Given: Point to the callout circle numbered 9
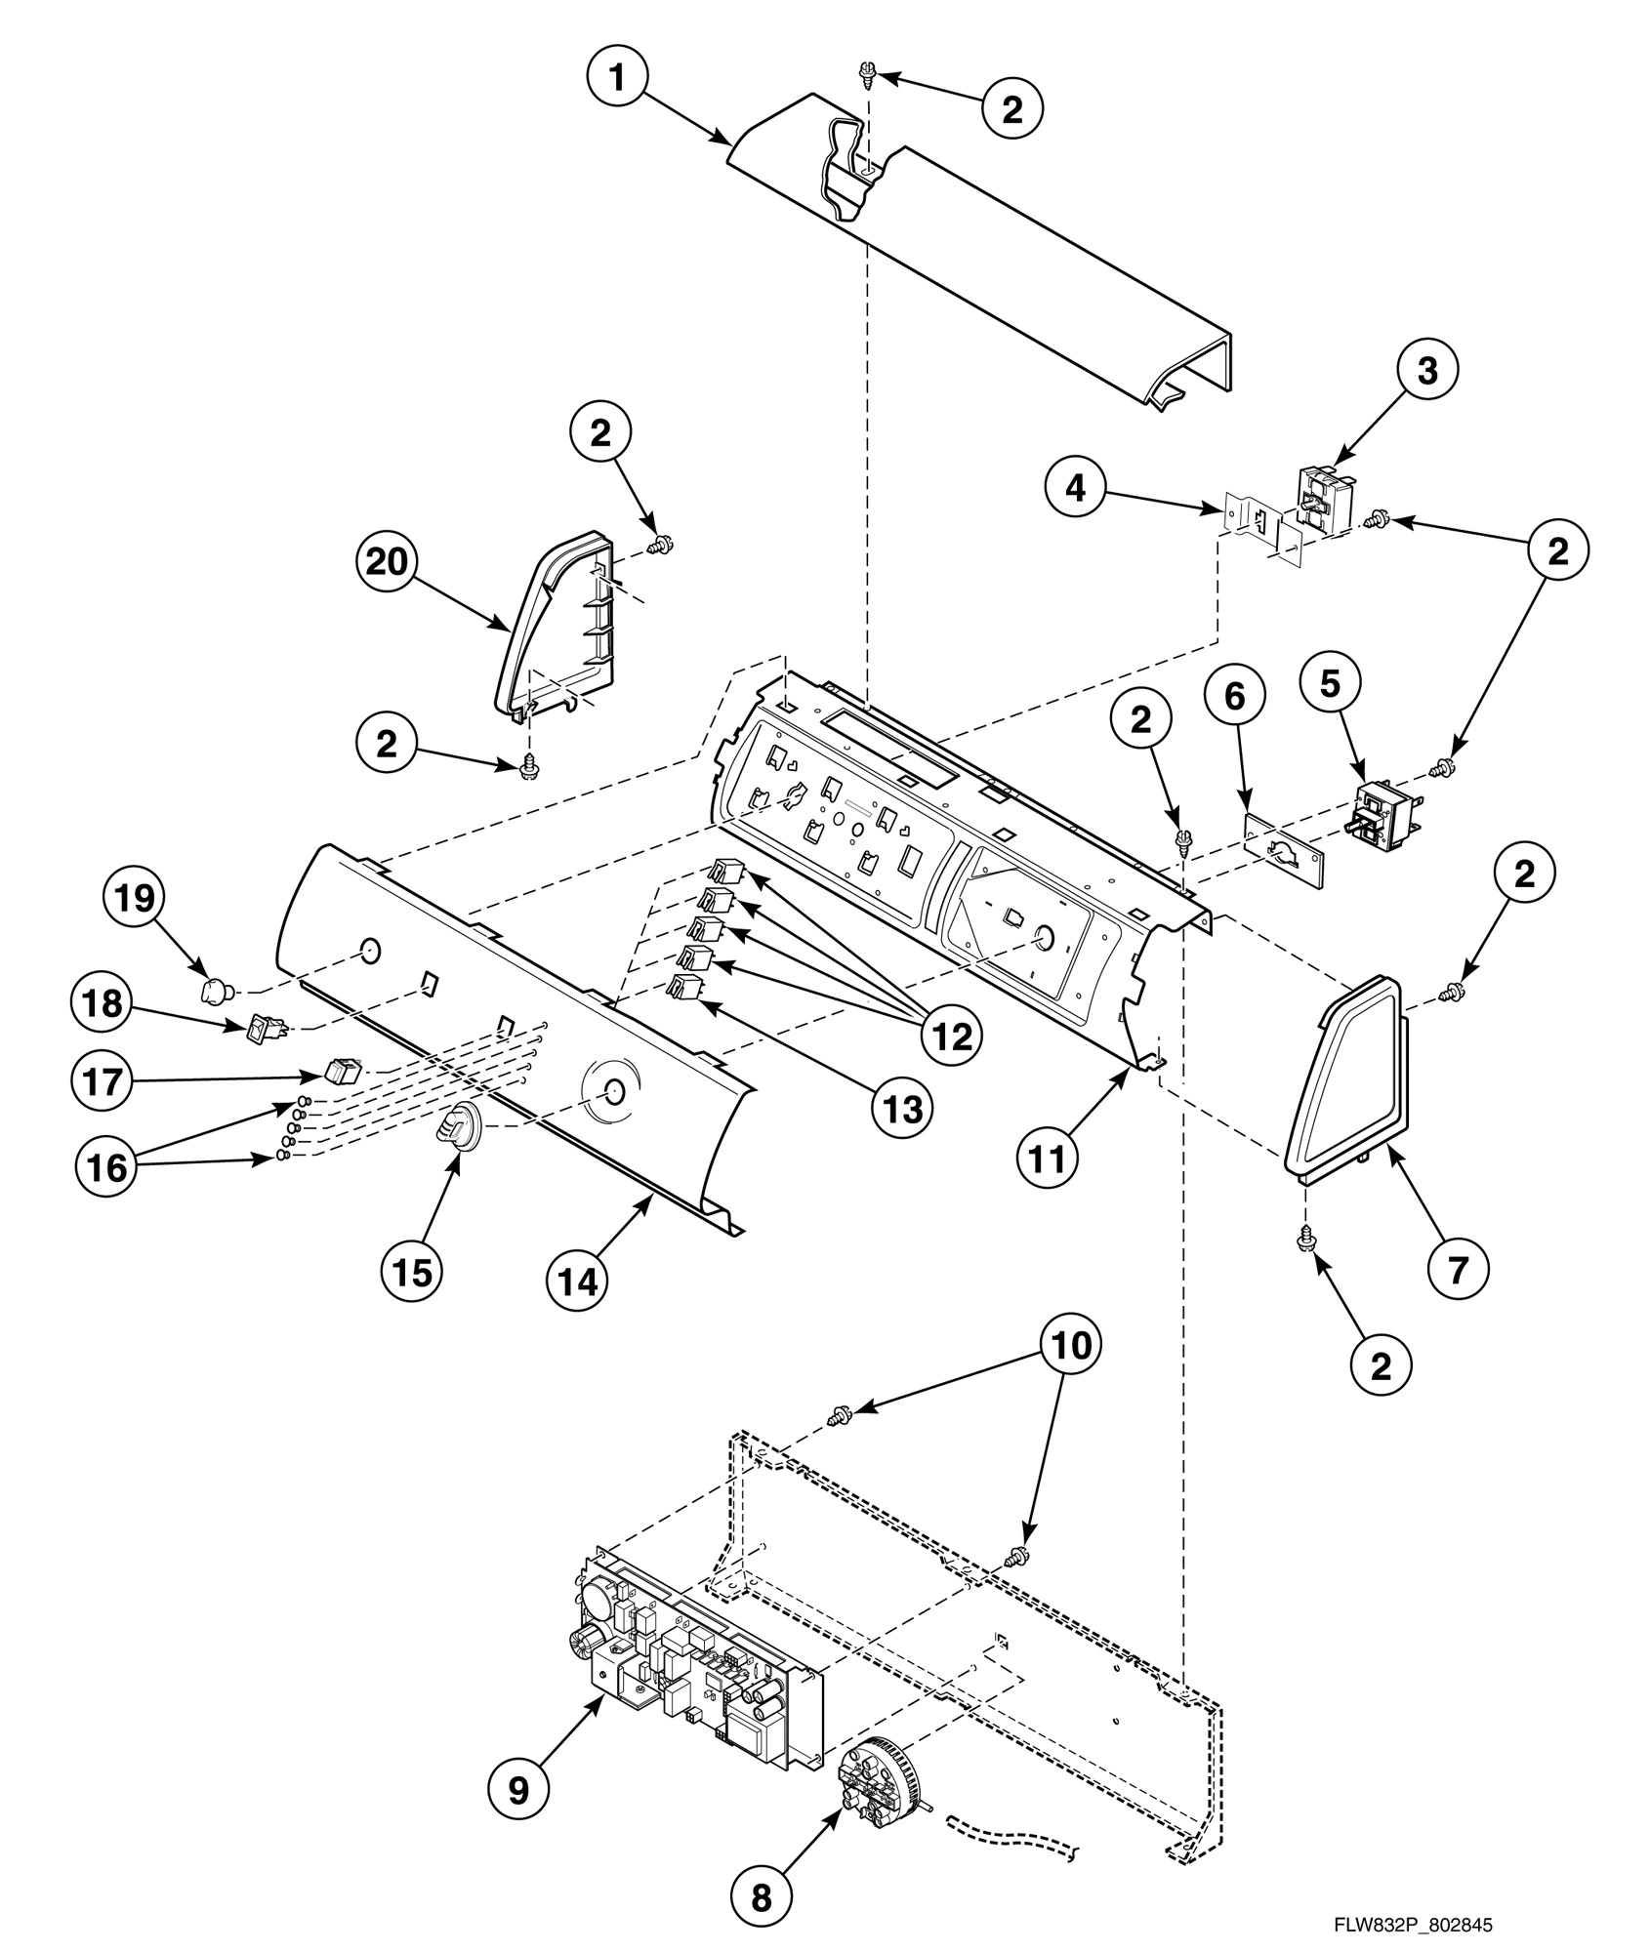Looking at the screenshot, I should [518, 1788].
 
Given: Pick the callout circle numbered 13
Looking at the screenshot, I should [899, 1109].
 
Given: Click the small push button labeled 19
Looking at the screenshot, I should [215, 993].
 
